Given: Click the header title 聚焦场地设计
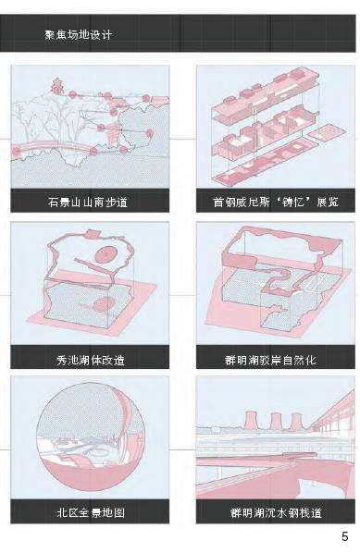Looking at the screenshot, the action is [x=79, y=34].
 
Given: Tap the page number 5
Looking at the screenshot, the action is [x=344, y=536].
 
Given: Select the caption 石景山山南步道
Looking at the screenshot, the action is [x=88, y=203].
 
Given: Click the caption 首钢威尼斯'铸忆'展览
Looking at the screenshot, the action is [x=276, y=202].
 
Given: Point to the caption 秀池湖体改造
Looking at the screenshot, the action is [x=91, y=360].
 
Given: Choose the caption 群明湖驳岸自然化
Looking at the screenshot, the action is [x=270, y=360].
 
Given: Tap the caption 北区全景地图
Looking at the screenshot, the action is [x=91, y=512].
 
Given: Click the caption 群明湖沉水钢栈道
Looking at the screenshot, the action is [x=276, y=512].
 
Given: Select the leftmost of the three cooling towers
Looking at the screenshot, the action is [x=251, y=420].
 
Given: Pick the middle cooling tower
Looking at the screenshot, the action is [x=275, y=421].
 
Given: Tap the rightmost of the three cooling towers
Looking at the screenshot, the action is [x=296, y=422].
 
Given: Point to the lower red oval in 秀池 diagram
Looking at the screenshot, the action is [x=106, y=303].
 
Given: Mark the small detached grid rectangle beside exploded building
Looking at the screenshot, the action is [x=326, y=132].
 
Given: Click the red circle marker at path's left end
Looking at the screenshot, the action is [x=16, y=153].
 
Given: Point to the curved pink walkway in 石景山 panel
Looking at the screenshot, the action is [x=53, y=146].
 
